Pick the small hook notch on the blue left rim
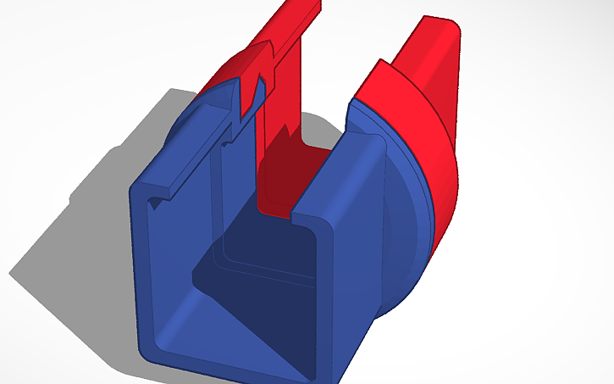154,201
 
